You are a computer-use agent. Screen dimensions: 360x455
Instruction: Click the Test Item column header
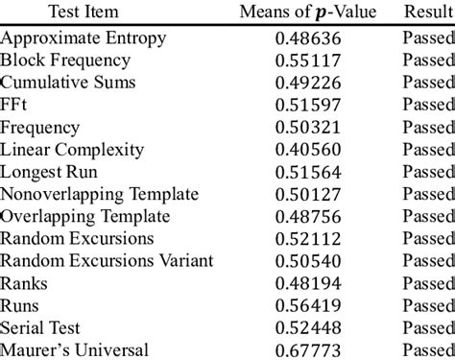tap(85, 11)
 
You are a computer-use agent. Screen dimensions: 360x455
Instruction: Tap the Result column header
tap(428, 11)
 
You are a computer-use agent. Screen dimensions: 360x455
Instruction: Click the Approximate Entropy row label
tap(84, 38)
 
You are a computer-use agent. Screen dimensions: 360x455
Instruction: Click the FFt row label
tap(15, 105)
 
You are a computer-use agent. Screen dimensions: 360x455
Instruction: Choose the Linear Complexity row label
tap(73, 150)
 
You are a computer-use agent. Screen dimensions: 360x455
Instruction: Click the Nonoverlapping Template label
tap(100, 194)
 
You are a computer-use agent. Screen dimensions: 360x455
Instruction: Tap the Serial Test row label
tap(43, 327)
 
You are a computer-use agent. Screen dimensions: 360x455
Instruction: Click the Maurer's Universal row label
tap(74, 349)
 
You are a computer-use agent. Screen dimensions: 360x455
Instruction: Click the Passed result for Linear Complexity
tap(428, 150)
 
